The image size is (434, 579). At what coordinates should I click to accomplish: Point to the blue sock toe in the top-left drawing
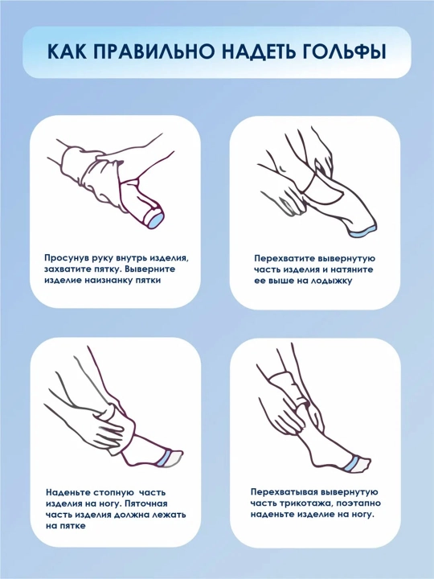pyautogui.click(x=156, y=219)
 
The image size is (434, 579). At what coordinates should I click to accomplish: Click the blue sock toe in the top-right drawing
pyautogui.click(x=362, y=232)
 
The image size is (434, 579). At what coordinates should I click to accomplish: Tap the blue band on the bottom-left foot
pyautogui.click(x=162, y=457)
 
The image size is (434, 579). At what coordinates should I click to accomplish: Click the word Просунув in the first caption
pyautogui.click(x=67, y=258)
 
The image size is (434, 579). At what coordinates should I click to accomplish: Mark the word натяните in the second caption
pyautogui.click(x=351, y=269)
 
